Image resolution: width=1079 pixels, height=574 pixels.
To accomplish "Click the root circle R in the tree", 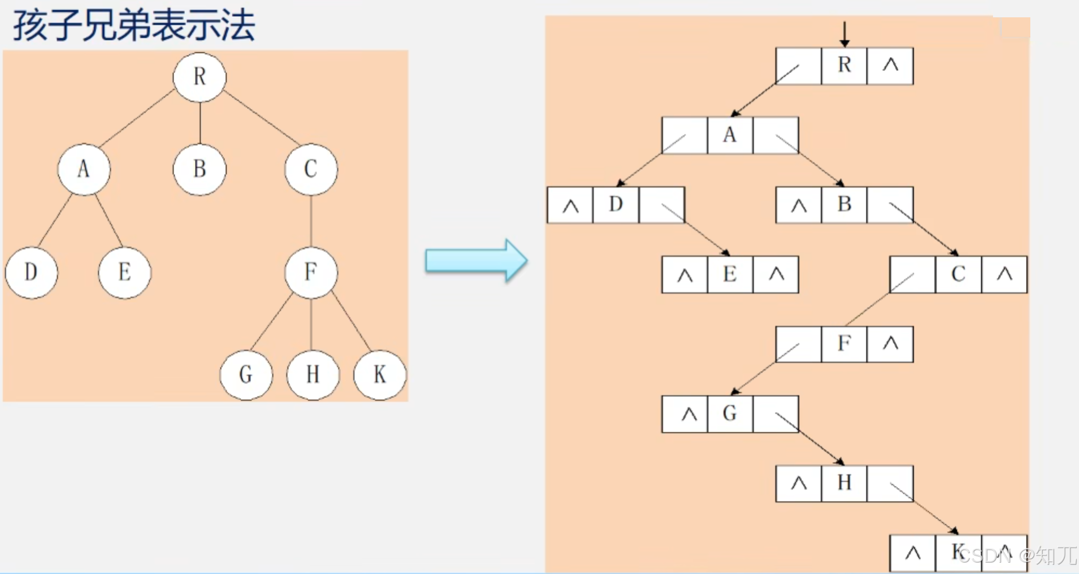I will [x=200, y=77].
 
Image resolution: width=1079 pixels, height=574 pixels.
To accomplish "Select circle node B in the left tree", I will [x=200, y=169].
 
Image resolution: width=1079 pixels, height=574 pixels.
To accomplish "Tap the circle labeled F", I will [x=311, y=272].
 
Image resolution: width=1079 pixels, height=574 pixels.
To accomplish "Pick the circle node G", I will [x=246, y=374].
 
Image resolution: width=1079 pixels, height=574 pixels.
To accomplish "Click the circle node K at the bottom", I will [x=379, y=374].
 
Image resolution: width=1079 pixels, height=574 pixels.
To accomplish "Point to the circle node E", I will [x=124, y=272].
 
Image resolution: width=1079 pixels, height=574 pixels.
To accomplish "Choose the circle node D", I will [x=31, y=272].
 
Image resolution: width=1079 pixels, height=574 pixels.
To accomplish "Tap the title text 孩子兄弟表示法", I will [x=134, y=25].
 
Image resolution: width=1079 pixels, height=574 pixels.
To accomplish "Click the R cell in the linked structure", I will [x=844, y=65].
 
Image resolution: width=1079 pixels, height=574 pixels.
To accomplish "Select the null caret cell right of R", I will [x=890, y=65].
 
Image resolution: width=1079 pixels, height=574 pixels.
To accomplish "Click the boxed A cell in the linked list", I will [x=730, y=135].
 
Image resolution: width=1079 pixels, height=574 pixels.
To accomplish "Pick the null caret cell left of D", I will [x=570, y=205].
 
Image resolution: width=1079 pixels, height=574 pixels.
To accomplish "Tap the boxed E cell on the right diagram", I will [x=730, y=274].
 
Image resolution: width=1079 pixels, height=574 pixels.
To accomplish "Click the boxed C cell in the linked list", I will [x=958, y=274].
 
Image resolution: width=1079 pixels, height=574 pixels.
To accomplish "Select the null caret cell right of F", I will [x=890, y=344].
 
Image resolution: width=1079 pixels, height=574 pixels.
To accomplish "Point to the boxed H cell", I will [x=844, y=483].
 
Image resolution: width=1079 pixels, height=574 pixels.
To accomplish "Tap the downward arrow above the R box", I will [x=844, y=34].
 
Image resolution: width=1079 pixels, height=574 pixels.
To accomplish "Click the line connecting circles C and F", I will [x=311, y=221].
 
